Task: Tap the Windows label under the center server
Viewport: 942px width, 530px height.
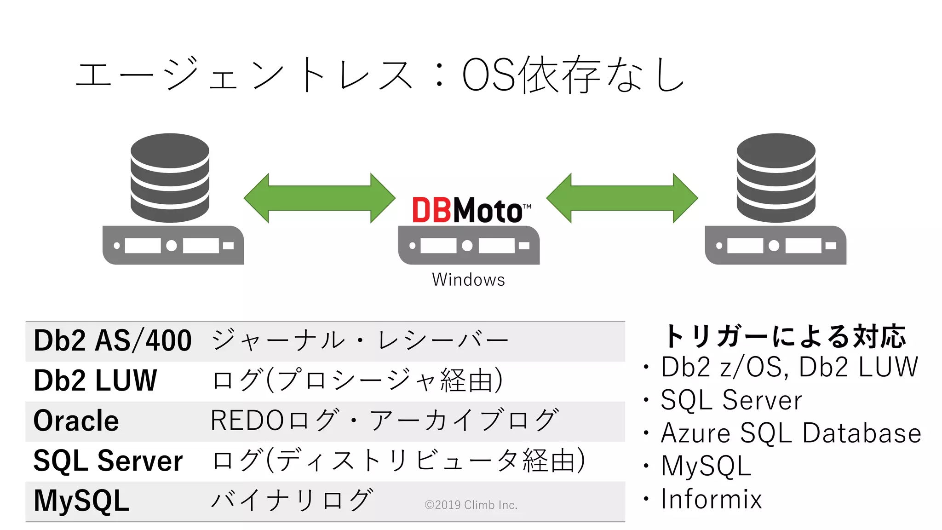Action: (468, 280)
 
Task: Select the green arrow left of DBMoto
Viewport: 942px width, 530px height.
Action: (319, 198)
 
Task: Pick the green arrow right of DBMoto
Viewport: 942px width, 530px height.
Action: (622, 198)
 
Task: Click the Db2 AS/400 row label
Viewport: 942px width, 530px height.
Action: (113, 341)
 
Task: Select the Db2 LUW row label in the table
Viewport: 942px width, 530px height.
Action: (96, 380)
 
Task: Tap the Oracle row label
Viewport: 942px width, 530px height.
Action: (76, 421)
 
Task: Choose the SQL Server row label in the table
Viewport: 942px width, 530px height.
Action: (108, 461)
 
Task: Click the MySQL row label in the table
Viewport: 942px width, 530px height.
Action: (81, 501)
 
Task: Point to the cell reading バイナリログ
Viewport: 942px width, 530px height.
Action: (292, 500)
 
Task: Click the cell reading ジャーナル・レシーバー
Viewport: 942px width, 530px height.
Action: (360, 341)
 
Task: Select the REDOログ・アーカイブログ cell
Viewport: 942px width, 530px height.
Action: (385, 421)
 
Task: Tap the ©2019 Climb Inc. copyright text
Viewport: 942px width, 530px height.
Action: (471, 505)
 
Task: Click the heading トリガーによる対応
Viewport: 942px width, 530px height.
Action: (785, 336)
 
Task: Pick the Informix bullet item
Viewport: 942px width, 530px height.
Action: (711, 499)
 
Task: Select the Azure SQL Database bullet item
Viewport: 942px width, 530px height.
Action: (791, 433)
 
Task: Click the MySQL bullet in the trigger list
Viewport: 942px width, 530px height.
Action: (706, 466)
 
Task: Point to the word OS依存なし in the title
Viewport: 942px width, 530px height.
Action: (573, 75)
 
